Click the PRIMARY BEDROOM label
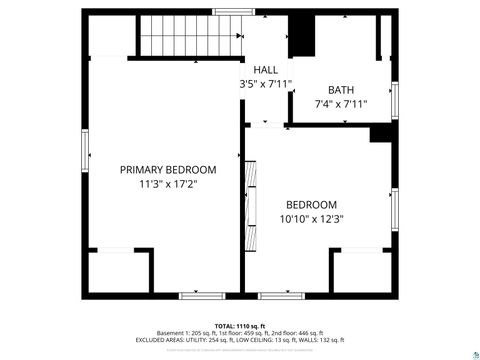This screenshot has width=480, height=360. pyautogui.click(x=167, y=170)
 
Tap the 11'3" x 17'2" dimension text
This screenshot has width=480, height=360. pyautogui.click(x=167, y=185)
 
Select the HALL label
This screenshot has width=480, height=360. pyautogui.click(x=266, y=69)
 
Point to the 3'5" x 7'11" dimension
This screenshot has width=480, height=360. pyautogui.click(x=266, y=84)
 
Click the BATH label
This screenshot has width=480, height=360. pyautogui.click(x=341, y=89)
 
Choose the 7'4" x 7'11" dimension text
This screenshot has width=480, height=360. pyautogui.click(x=341, y=104)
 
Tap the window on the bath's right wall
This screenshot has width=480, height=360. pyautogui.click(x=395, y=98)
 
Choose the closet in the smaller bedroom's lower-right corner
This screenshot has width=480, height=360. pyautogui.click(x=361, y=272)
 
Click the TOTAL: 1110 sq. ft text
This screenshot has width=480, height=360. pyautogui.click(x=240, y=326)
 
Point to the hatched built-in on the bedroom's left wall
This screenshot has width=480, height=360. pyautogui.click(x=251, y=192)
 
